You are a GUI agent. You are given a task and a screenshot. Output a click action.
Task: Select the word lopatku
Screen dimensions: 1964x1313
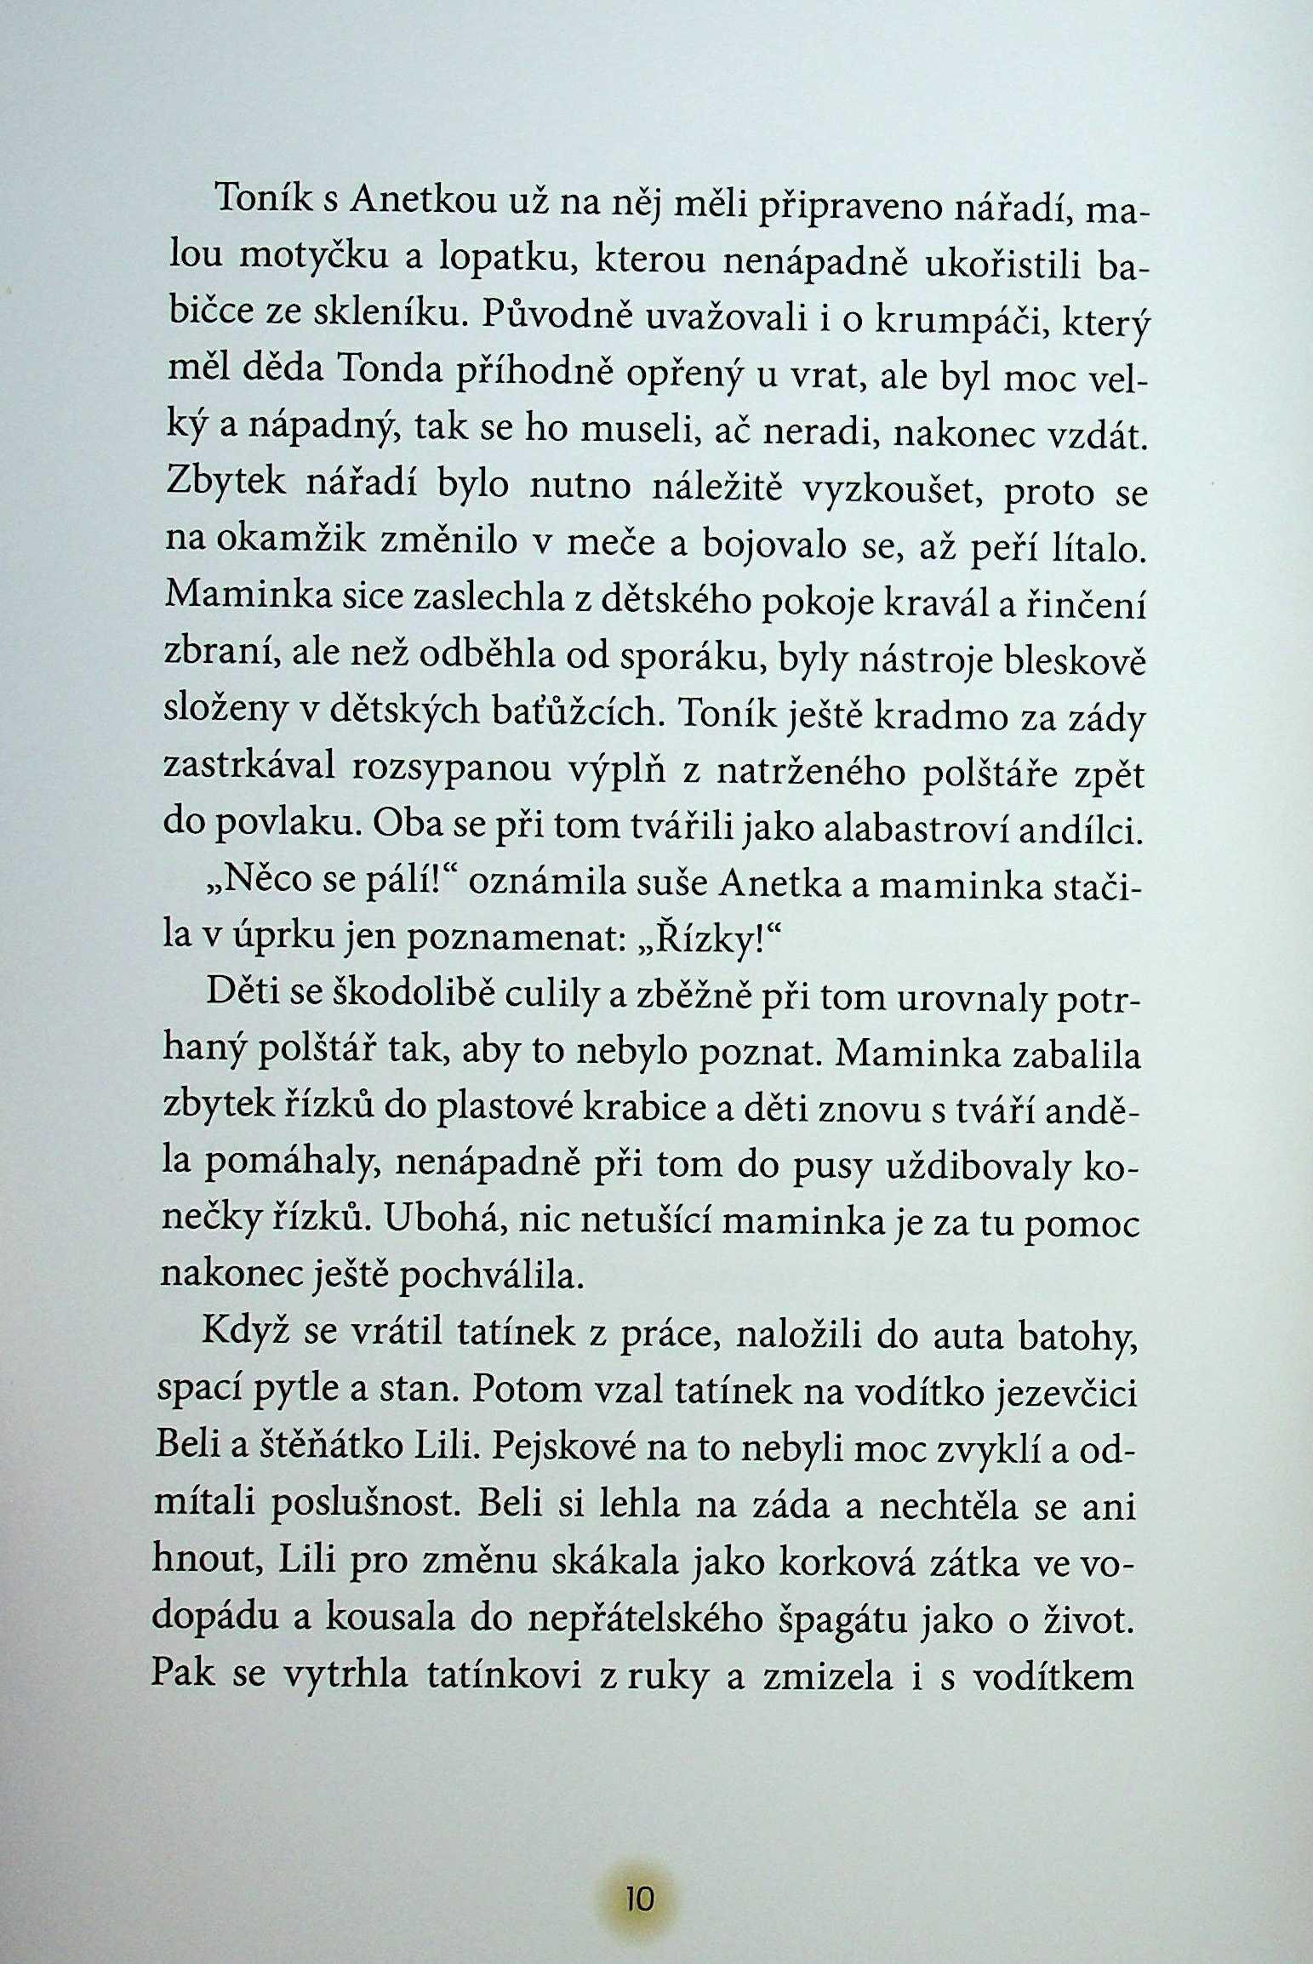pos(506,259)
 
